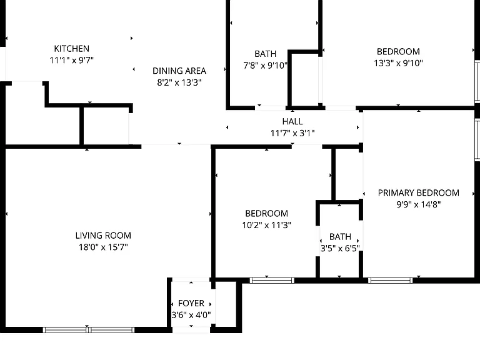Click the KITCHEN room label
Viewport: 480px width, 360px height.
click(72, 49)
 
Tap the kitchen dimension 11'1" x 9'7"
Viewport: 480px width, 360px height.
click(72, 60)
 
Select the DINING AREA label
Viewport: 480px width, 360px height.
click(179, 71)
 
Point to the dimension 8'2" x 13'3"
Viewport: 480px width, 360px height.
click(179, 82)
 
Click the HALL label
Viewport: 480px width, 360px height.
click(292, 121)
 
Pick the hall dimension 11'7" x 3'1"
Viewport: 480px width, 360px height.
click(292, 133)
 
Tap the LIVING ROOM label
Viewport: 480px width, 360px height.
click(103, 236)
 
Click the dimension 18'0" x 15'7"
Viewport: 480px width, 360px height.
click(103, 247)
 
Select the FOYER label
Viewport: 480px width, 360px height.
click(191, 303)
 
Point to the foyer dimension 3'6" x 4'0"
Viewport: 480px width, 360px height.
click(191, 315)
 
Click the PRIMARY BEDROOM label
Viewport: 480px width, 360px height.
click(419, 193)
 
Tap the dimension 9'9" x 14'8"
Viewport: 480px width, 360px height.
click(419, 204)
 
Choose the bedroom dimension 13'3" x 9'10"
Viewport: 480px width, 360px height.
click(398, 63)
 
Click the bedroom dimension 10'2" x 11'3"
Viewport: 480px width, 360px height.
click(267, 225)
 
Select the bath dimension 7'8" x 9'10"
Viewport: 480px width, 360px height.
click(266, 66)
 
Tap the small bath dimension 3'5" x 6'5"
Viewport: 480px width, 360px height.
click(340, 248)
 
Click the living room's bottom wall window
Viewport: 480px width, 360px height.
click(89, 330)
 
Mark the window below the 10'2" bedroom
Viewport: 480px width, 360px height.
click(272, 281)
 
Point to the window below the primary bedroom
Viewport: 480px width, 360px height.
click(390, 281)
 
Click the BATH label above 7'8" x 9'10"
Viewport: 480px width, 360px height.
click(266, 54)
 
